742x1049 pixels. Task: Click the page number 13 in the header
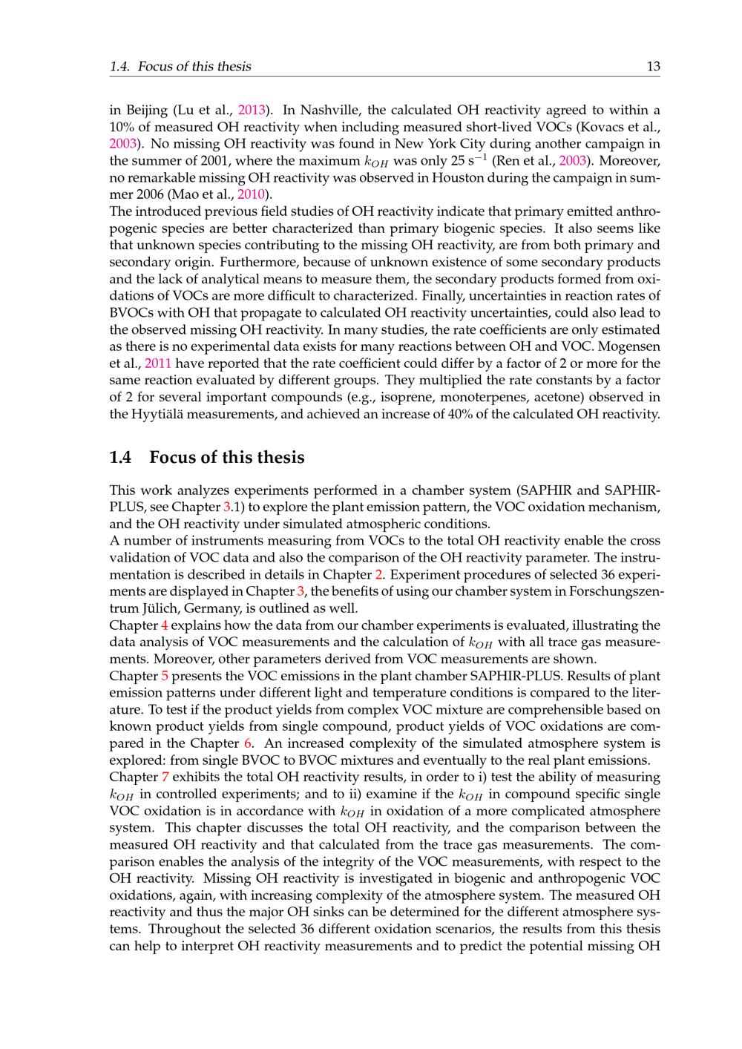click(653, 67)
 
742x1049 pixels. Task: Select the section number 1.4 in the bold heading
click(121, 457)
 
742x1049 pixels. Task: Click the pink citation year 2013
click(252, 110)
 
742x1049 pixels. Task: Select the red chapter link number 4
click(165, 625)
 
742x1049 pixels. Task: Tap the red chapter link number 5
click(165, 676)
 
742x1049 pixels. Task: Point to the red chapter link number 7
click(165, 777)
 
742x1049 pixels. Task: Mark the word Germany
click(209, 608)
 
